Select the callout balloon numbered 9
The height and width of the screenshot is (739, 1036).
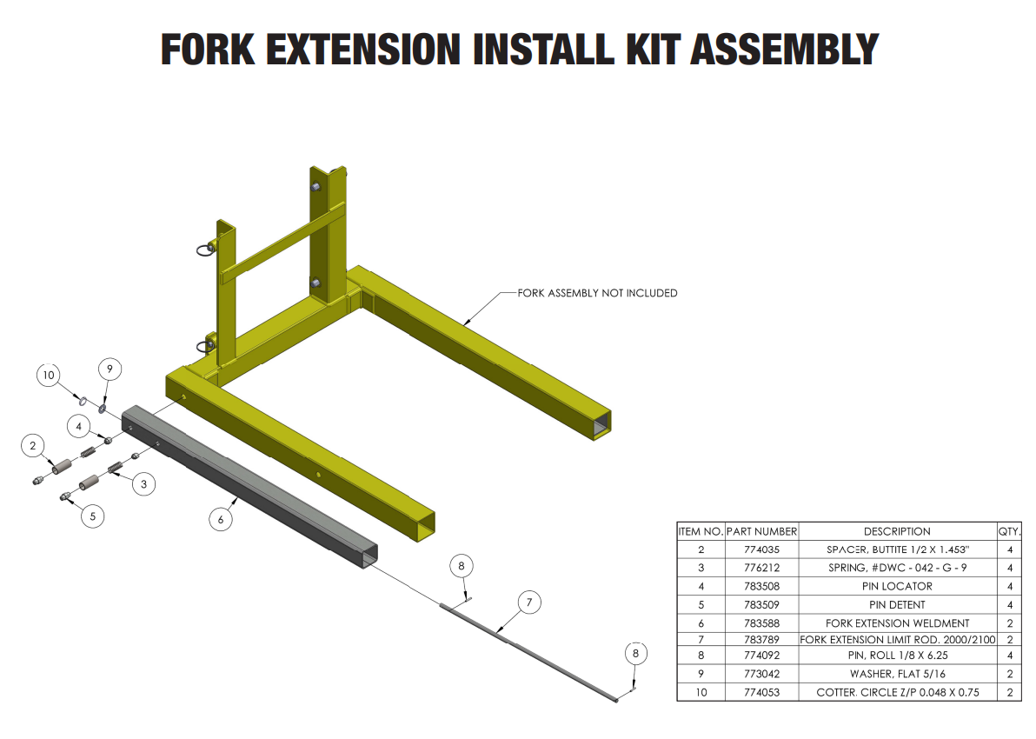tap(110, 369)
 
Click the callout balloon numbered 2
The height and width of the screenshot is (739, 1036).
tap(33, 446)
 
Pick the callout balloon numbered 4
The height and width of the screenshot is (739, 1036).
tap(79, 427)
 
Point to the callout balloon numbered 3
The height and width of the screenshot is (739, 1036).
tap(143, 483)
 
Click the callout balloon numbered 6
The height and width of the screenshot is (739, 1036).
tap(221, 519)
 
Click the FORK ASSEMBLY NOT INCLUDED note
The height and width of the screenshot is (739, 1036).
tap(597, 293)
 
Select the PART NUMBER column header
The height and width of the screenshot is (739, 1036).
tap(761, 531)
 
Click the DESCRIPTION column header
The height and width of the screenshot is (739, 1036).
tap(897, 531)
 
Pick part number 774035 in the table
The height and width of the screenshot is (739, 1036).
tap(761, 549)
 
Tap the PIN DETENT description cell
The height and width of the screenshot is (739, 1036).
tap(897, 604)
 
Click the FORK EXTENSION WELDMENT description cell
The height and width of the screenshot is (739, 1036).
tap(897, 622)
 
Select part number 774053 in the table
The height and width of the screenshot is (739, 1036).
tap(761, 693)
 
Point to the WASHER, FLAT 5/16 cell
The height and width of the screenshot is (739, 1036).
tap(897, 674)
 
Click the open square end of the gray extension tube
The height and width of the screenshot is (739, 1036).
tap(369, 556)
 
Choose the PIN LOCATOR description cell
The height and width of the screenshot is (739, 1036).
tap(897, 586)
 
